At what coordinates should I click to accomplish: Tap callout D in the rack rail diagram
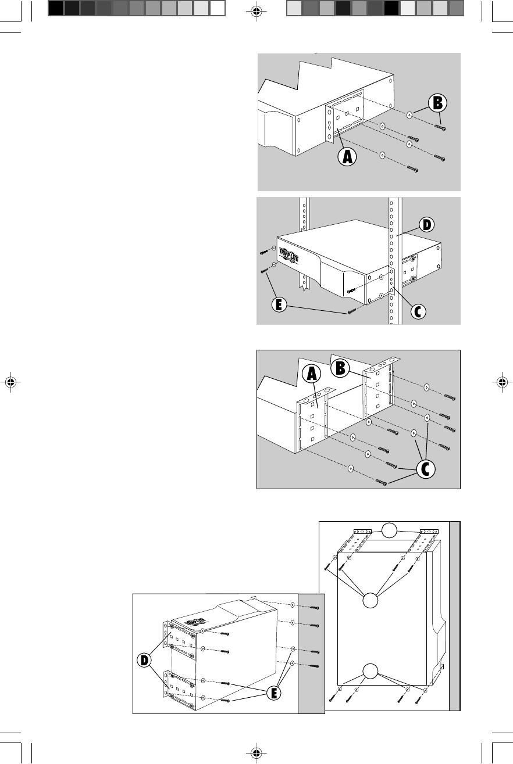tap(427, 223)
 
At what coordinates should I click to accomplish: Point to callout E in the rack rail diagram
tap(280, 304)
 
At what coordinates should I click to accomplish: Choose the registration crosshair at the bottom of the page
tap(256, 754)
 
